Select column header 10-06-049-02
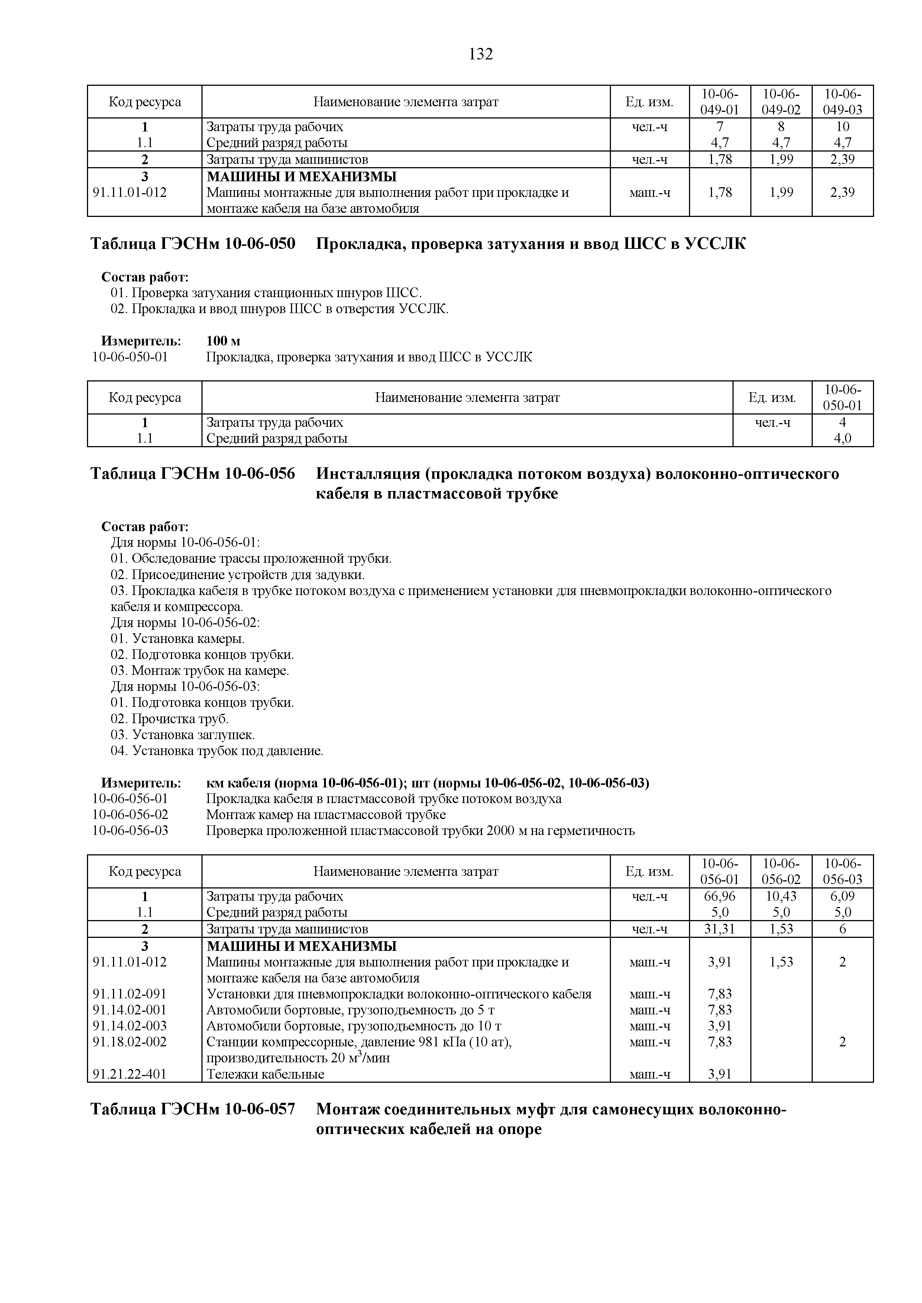click(781, 101)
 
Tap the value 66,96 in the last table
click(719, 896)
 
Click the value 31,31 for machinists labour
click(719, 929)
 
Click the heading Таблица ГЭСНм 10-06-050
click(193, 244)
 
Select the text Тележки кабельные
click(265, 1074)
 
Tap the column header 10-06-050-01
click(842, 397)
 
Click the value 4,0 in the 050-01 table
click(842, 439)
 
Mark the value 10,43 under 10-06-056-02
click(781, 896)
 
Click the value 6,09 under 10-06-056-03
click(842, 896)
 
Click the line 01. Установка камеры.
click(178, 639)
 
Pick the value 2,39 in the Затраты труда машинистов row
click(842, 159)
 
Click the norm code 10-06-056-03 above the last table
click(130, 831)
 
